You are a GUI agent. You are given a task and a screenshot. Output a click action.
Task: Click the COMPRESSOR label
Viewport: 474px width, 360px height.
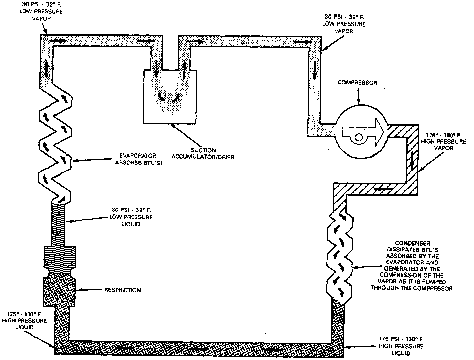click(357, 83)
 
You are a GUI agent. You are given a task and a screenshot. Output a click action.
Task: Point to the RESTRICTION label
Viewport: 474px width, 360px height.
click(122, 290)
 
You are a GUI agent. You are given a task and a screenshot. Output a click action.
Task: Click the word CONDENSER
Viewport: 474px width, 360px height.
click(412, 244)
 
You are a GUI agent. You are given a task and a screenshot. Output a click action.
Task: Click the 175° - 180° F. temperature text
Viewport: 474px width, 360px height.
click(441, 135)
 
